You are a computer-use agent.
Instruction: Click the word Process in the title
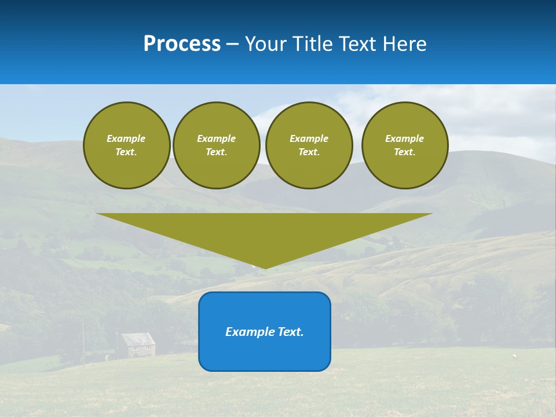[x=182, y=44]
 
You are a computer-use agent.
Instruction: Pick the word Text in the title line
[x=359, y=44]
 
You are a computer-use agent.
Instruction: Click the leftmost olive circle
[x=126, y=145]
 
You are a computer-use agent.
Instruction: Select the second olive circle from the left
[x=216, y=145]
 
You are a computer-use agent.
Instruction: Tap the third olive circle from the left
[x=309, y=145]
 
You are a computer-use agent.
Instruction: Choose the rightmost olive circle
[x=404, y=145]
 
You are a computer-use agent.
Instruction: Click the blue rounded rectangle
[x=265, y=348]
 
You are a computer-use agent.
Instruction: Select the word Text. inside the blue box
[x=290, y=332]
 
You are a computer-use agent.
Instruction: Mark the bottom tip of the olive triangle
[x=265, y=267]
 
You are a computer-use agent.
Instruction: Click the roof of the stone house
[x=138, y=338]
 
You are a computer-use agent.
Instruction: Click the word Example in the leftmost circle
[x=126, y=138]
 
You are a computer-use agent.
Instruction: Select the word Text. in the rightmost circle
[x=404, y=152]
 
